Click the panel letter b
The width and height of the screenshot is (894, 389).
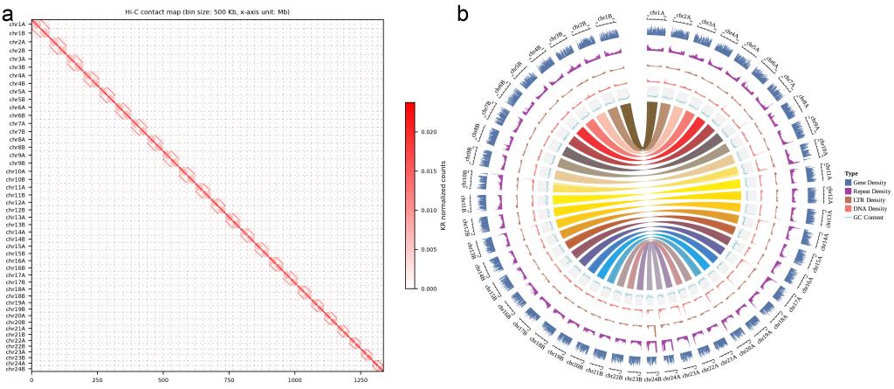464,15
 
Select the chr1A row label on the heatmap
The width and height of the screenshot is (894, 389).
17,24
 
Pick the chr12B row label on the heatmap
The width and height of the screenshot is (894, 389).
17,210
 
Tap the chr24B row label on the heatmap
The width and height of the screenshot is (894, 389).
17,366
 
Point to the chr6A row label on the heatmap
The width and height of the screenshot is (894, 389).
17,107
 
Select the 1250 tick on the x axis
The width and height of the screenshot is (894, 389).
361,380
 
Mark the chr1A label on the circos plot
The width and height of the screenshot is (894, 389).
657,14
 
